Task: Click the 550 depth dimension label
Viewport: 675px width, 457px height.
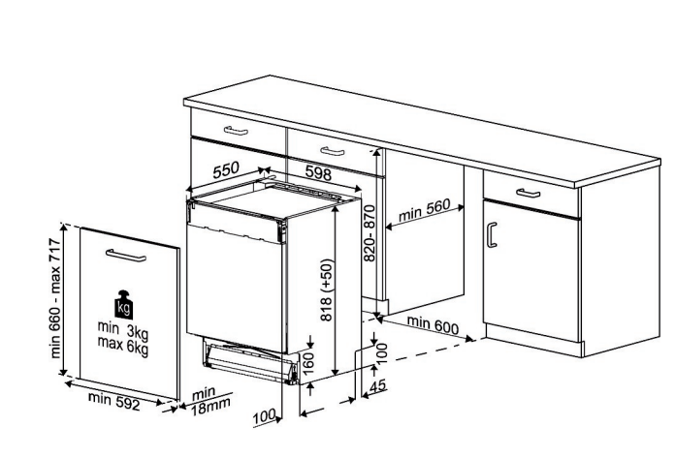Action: click(226, 169)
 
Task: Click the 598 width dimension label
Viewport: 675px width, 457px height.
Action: click(318, 172)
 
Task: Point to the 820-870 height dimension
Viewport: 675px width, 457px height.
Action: click(370, 233)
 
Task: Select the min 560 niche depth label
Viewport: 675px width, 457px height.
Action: click(424, 210)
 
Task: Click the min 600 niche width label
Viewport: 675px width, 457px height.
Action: click(433, 324)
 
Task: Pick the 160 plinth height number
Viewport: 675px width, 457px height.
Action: click(308, 363)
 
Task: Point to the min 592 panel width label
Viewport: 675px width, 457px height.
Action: click(114, 401)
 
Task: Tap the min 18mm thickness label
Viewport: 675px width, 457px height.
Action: click(210, 401)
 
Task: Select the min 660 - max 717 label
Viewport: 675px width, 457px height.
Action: click(55, 298)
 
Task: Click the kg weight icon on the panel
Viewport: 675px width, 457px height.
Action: click(123, 304)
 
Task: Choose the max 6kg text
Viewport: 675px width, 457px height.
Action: click(123, 345)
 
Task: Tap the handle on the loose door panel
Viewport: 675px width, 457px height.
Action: click(126, 255)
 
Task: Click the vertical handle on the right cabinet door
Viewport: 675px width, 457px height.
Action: click(492, 234)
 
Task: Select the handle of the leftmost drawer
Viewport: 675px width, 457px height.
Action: click(236, 131)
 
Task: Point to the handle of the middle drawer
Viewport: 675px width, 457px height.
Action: click(333, 151)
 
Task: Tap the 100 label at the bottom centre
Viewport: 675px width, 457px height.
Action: click(264, 416)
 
